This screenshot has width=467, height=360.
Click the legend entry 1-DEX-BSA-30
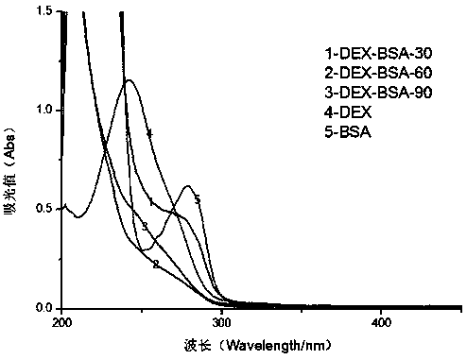[x=378, y=53]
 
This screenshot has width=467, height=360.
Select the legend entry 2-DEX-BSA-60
[x=378, y=73]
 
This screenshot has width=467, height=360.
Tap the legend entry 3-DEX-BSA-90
[x=378, y=93]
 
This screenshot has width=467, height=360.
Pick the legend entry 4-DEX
[x=348, y=111]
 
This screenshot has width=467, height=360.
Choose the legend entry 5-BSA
[x=348, y=131]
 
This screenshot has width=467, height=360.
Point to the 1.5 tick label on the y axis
[x=44, y=11]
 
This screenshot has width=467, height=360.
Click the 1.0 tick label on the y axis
[x=44, y=110]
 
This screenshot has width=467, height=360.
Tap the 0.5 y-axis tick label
[x=44, y=209]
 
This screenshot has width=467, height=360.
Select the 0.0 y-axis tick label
[x=44, y=308]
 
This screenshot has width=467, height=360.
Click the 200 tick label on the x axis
[x=61, y=323]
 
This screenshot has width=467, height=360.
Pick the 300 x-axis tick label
[x=221, y=323]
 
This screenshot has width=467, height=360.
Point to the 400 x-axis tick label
[x=381, y=323]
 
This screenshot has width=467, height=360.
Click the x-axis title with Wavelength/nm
[x=258, y=346]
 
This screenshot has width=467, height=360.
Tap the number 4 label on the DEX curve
[x=150, y=133]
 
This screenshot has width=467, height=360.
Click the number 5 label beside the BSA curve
[x=198, y=199]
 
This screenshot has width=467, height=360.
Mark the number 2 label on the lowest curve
[x=156, y=265]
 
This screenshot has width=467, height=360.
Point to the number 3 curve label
[x=145, y=226]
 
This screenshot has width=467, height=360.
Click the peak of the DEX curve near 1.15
[x=129, y=80]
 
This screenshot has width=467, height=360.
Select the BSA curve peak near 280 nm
[x=188, y=186]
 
